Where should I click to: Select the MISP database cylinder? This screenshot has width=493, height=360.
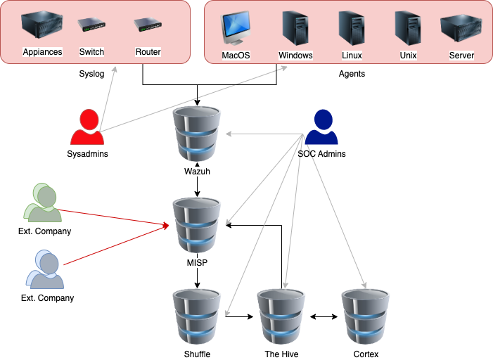coord(197,225)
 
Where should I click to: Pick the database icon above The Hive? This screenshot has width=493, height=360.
coord(281,316)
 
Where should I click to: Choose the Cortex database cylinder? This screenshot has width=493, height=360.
coord(366,316)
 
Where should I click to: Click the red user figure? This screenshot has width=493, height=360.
coord(87,127)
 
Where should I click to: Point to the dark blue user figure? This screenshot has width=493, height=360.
coord(321,127)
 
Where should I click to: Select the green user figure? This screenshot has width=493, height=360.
coord(43,203)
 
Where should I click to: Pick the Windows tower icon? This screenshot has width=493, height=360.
coord(295,28)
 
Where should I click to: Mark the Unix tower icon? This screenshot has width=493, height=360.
coord(407,28)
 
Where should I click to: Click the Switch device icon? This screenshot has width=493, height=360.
coord(91,26)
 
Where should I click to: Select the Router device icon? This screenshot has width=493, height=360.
coord(148,26)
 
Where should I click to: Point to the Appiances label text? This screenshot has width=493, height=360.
coord(42,52)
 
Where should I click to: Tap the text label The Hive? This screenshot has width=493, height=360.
coord(281,354)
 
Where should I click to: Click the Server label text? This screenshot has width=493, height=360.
coord(461,56)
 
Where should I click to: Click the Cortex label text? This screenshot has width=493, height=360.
coord(366,354)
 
